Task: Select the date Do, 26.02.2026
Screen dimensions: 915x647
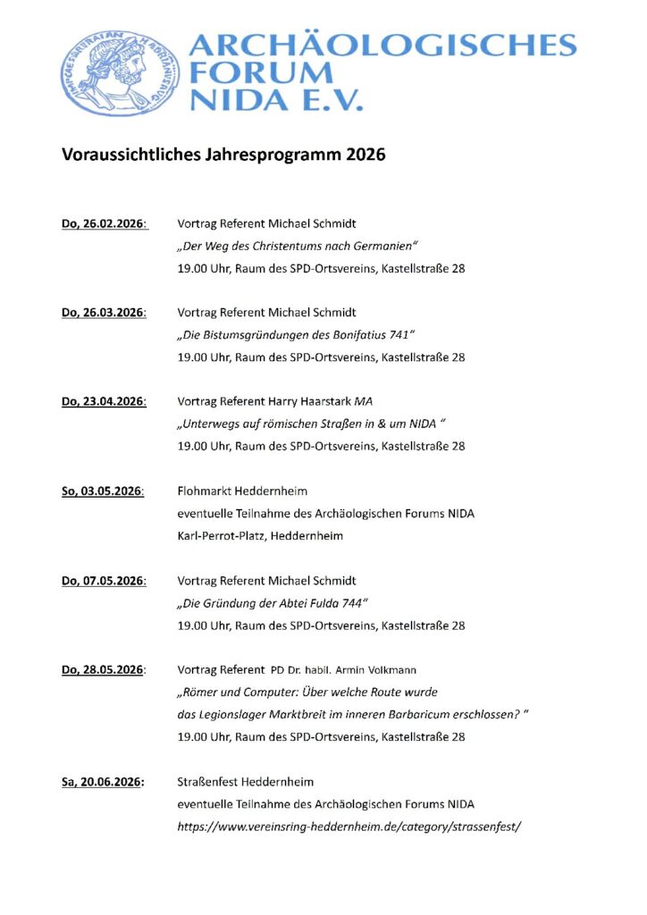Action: (x=104, y=223)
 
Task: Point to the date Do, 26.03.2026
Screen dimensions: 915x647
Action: (x=104, y=313)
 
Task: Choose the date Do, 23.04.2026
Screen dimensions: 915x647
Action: (x=104, y=401)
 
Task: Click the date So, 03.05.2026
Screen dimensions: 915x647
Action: (x=103, y=491)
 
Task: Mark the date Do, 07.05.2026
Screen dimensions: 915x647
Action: (x=104, y=581)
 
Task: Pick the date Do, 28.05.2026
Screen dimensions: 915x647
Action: (x=104, y=669)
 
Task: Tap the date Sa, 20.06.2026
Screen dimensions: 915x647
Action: (x=103, y=782)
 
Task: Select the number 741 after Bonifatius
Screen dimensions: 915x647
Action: (x=399, y=335)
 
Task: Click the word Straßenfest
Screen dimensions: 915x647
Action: (x=212, y=782)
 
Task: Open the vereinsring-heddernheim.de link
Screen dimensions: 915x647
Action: (x=349, y=827)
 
